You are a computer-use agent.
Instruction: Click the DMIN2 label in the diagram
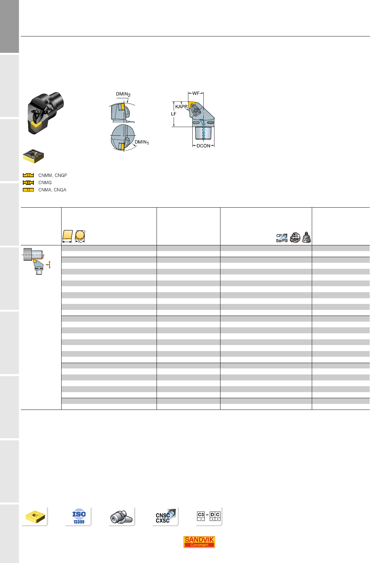tap(123, 94)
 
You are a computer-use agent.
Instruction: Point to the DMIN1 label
tap(142, 142)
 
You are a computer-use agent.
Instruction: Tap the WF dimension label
tap(196, 94)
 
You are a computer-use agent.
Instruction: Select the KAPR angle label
tap(181, 107)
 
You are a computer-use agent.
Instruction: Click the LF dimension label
tap(174, 114)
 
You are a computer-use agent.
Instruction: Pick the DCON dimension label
tap(203, 146)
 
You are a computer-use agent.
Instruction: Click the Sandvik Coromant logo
tap(199, 542)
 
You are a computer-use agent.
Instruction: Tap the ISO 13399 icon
tap(79, 516)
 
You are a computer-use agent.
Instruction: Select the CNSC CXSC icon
tap(165, 516)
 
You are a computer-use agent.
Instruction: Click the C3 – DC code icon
tap(208, 516)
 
